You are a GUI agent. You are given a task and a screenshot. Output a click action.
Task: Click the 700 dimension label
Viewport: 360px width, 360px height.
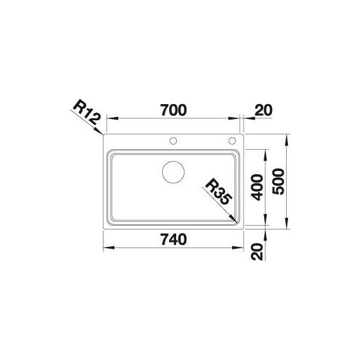pyautogui.click(x=174, y=110)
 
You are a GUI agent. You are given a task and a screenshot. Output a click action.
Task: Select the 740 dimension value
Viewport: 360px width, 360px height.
pyautogui.click(x=174, y=239)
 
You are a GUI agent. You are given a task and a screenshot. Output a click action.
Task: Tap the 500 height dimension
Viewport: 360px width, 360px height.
pyautogui.click(x=278, y=181)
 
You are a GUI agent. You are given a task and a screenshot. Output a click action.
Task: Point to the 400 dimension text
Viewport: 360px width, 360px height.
pyautogui.click(x=256, y=187)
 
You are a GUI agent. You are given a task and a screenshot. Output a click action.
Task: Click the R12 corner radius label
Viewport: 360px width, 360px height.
pyautogui.click(x=87, y=112)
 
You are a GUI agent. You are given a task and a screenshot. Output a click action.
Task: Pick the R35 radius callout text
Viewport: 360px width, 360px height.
pyautogui.click(x=218, y=192)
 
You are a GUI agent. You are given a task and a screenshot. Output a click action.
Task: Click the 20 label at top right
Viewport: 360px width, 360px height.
pyautogui.click(x=264, y=110)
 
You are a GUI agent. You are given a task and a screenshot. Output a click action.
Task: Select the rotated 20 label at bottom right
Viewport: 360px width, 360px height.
pyautogui.click(x=256, y=251)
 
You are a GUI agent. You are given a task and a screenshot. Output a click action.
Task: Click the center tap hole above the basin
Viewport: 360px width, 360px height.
pyautogui.click(x=173, y=141)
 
